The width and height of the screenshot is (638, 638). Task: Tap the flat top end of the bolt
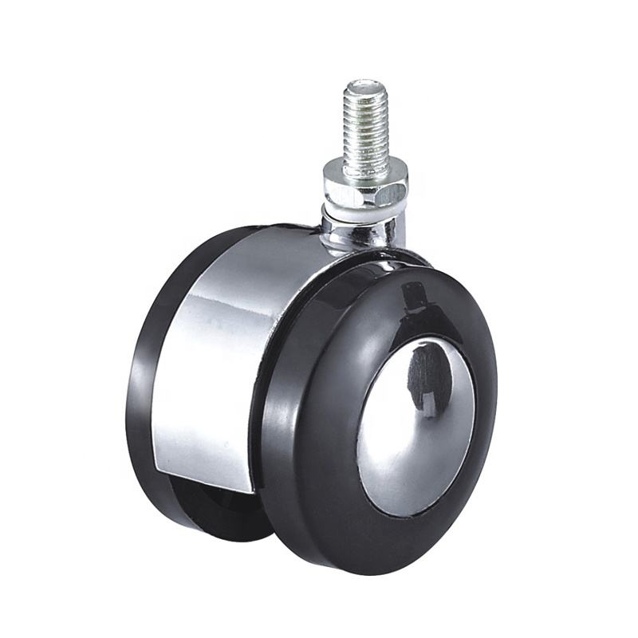367,82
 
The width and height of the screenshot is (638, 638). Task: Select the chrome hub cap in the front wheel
415,423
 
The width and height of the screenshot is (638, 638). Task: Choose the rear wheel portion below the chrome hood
215,510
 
